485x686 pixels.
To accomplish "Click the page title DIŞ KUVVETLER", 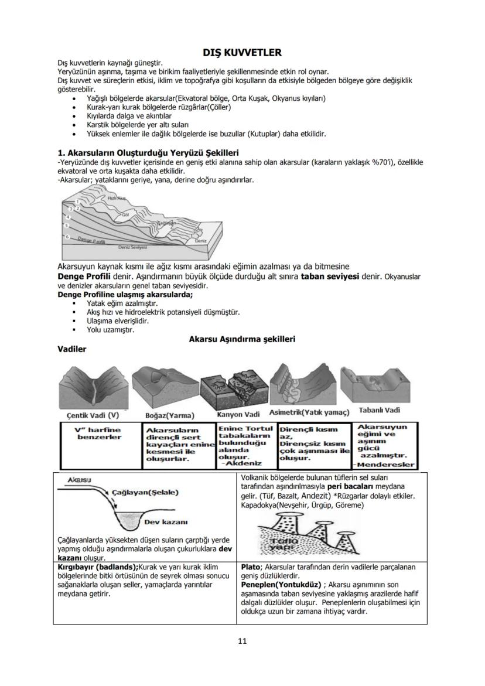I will pyautogui.click(x=242, y=53).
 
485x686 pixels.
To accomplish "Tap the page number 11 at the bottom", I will pyautogui.click(x=242, y=640).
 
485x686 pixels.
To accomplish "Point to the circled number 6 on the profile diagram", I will pyautogui.click(x=67, y=237).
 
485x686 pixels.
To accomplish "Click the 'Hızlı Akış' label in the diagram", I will pyautogui.click(x=117, y=199).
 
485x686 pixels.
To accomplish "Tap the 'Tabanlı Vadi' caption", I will pyautogui.click(x=379, y=410).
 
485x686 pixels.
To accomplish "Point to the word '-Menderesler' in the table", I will pyautogui.click(x=384, y=465).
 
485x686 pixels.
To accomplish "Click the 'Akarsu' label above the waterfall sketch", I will pyautogui.click(x=78, y=479).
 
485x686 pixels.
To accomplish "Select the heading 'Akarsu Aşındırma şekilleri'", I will pyautogui.click(x=242, y=339).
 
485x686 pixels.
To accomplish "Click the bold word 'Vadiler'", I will pyautogui.click(x=72, y=349).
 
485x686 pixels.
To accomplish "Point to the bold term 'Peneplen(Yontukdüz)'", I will pyautogui.click(x=282, y=584).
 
